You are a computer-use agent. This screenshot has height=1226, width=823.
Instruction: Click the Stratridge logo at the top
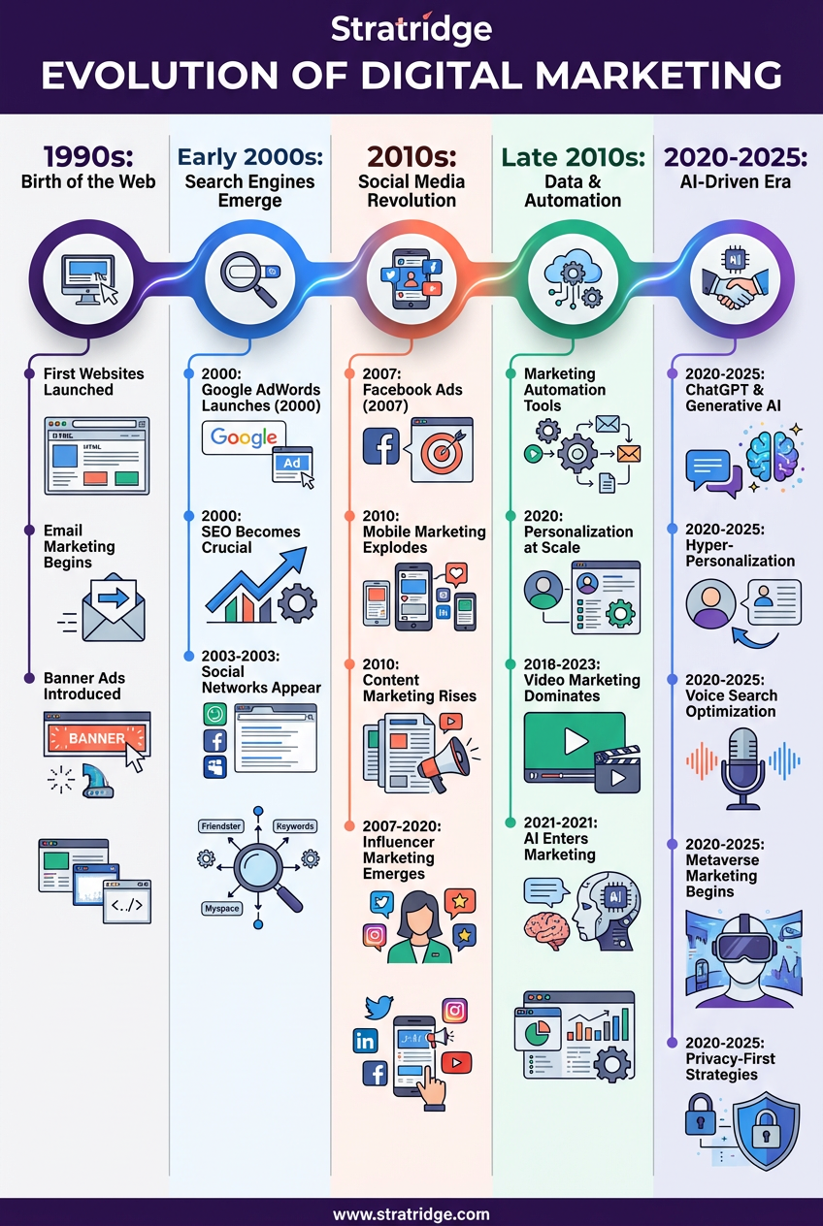[411, 29]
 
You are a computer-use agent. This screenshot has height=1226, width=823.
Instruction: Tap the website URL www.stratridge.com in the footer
[411, 1213]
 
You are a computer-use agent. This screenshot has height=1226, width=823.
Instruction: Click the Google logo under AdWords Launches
[244, 437]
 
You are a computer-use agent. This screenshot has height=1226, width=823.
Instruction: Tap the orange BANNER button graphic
[96, 738]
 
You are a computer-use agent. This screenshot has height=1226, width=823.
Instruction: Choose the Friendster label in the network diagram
[220, 826]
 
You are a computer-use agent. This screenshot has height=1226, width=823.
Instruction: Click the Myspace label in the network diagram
[220, 909]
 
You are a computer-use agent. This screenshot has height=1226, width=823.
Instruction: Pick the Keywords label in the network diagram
[294, 826]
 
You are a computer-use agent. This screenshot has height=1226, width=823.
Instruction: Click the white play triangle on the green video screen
[576, 742]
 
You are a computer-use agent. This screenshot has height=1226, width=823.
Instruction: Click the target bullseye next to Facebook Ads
[442, 449]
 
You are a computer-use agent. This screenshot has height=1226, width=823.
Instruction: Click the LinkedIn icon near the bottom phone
[366, 1041]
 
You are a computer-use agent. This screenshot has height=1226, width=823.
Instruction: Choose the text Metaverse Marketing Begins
[722, 876]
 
